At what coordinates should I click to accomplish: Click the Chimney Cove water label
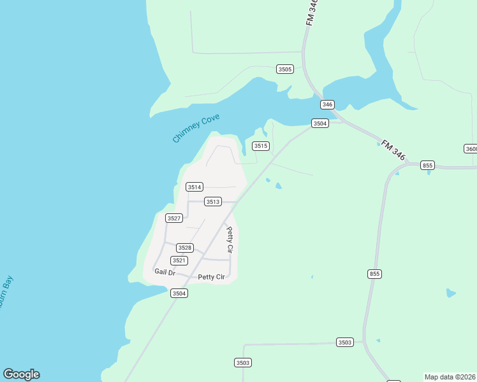tap(196, 128)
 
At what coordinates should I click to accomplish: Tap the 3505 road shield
tap(285, 69)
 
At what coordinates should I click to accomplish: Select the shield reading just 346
tap(327, 104)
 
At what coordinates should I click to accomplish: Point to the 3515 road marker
tap(261, 146)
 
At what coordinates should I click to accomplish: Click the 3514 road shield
tap(194, 187)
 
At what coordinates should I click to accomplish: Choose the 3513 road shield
tap(212, 202)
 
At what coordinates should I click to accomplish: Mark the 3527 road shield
tap(174, 218)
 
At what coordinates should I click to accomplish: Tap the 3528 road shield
tap(184, 248)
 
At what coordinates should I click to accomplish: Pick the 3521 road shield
tap(179, 261)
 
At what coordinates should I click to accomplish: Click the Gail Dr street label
tap(165, 272)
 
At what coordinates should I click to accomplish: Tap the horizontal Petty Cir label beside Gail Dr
tap(211, 277)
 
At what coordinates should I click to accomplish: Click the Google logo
tap(21, 374)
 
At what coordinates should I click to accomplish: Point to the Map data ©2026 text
tap(450, 377)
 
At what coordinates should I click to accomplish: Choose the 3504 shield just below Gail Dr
tap(179, 294)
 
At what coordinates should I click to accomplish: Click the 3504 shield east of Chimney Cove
tap(319, 124)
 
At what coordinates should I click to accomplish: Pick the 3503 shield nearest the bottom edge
tap(243, 363)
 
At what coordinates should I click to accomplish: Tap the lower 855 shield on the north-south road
tap(374, 274)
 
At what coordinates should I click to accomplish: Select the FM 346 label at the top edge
tap(311, 12)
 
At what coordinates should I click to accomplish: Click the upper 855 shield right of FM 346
tap(427, 166)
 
